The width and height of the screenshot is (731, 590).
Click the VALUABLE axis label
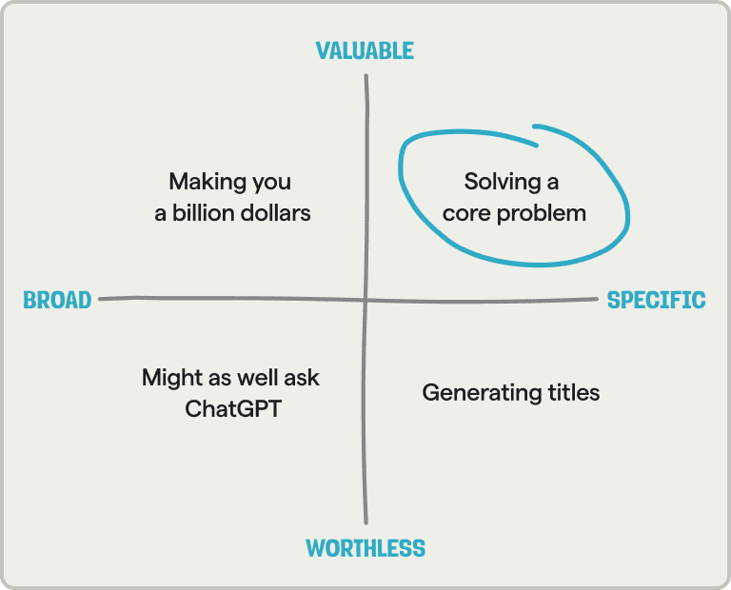[365, 50]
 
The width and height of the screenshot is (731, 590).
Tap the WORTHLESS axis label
[365, 548]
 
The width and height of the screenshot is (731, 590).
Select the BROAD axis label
[57, 301]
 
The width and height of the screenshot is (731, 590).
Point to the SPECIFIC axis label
[657, 301]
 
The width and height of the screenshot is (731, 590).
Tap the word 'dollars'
[277, 213]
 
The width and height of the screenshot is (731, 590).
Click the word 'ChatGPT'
[233, 411]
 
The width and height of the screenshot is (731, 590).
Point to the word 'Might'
[168, 378]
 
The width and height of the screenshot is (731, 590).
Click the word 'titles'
[570, 392]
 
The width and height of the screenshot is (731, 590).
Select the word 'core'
[464, 213]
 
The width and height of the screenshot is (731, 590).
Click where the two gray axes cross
[366, 300]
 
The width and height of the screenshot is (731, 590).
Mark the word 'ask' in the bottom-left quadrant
[302, 378]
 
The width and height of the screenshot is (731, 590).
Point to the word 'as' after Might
[216, 379]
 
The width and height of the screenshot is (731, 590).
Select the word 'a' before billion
[161, 214]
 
